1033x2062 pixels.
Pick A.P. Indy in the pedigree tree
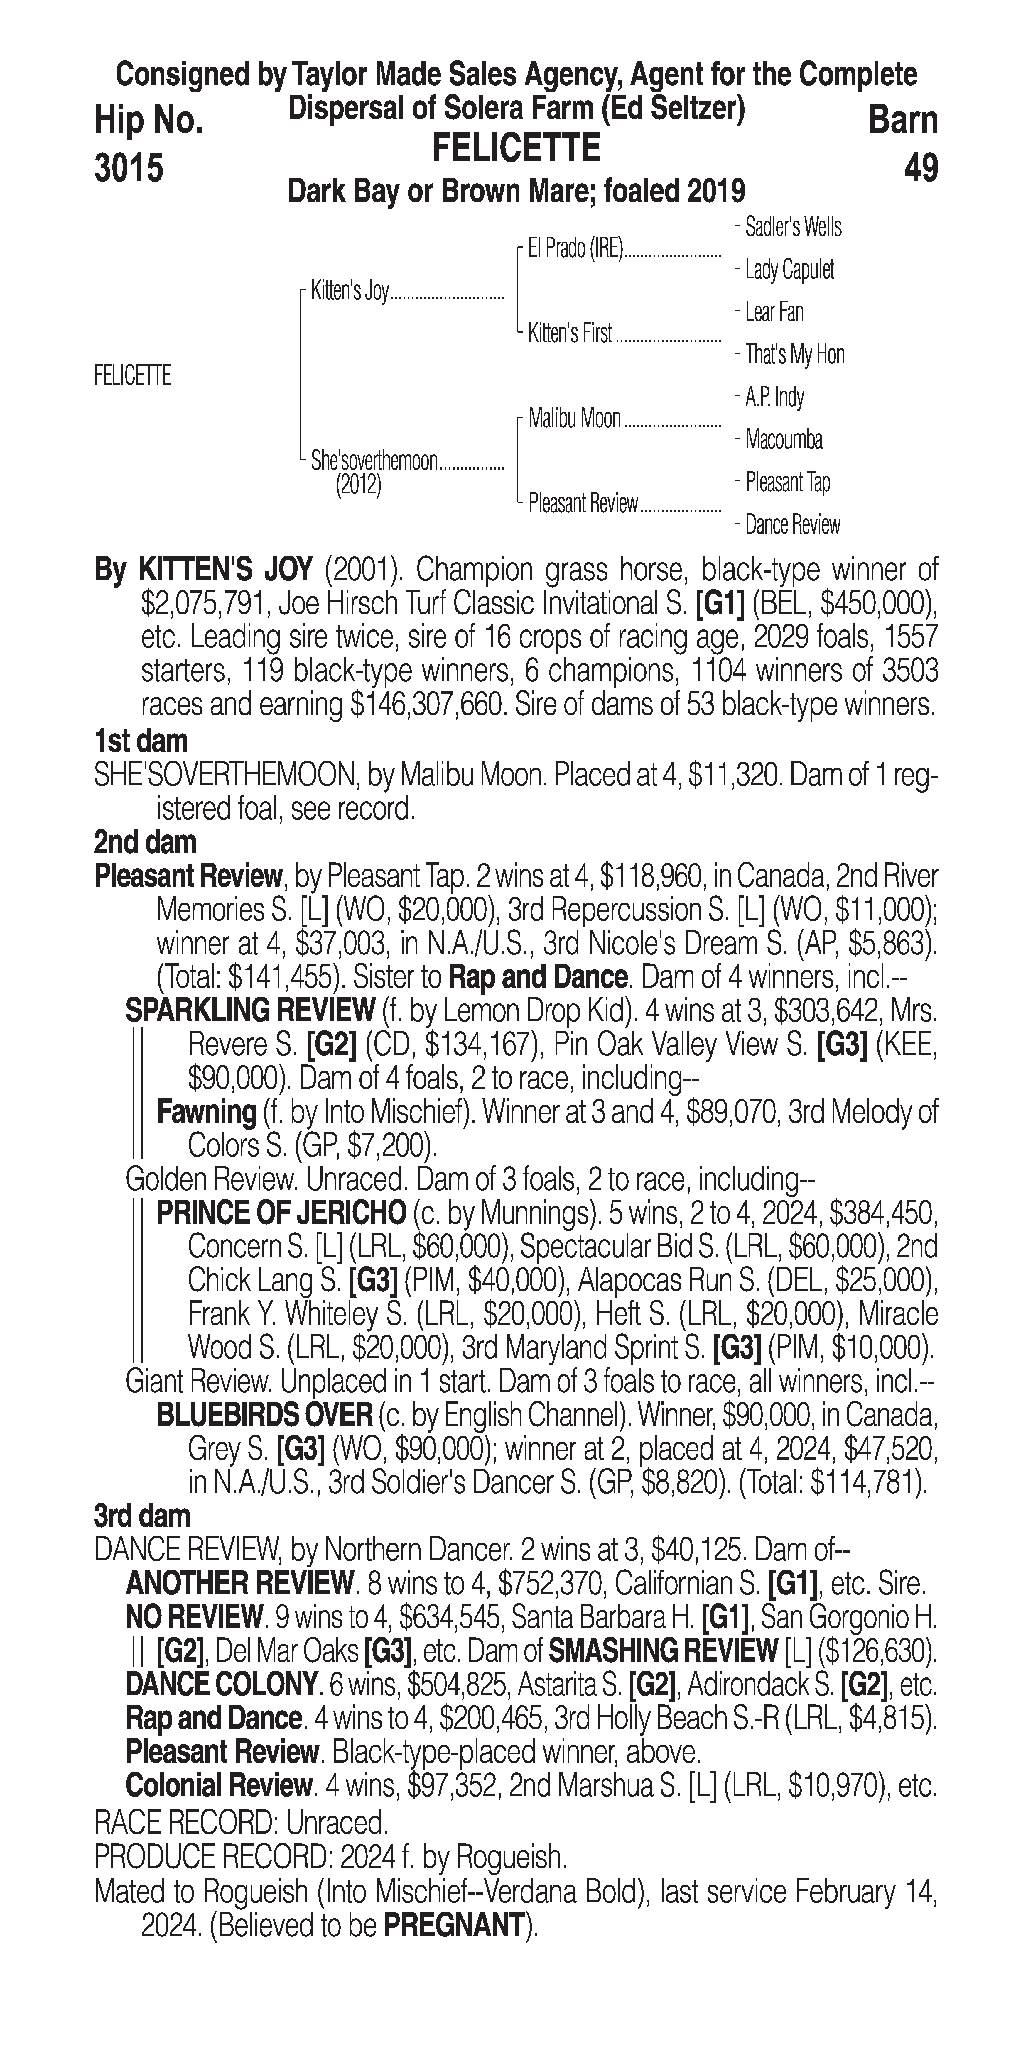click(774, 397)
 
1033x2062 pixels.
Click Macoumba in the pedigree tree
click(783, 439)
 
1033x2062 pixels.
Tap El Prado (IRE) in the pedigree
click(575, 249)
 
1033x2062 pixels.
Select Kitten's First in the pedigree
click(570, 333)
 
